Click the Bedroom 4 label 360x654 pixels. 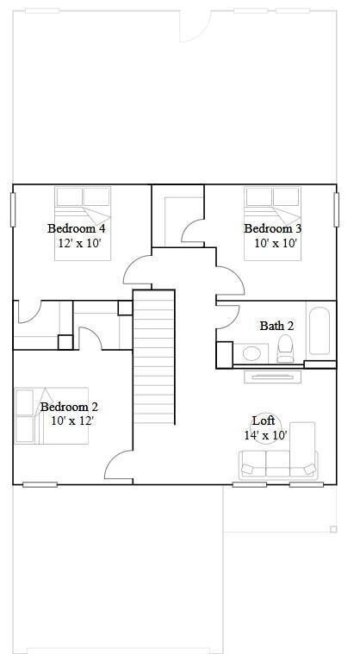[x=77, y=228]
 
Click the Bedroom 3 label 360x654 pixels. [x=272, y=228]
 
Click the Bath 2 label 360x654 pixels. [x=276, y=326]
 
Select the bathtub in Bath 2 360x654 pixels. [x=319, y=331]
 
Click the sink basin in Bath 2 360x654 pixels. [x=252, y=352]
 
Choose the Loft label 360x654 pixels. [x=264, y=420]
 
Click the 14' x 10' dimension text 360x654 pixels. [x=265, y=435]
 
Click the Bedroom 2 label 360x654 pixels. [x=69, y=407]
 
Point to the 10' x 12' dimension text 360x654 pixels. [x=71, y=421]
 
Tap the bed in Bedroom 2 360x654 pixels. [x=52, y=417]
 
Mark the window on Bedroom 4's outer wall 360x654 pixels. [x=13, y=209]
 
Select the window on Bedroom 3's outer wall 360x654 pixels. [x=337, y=209]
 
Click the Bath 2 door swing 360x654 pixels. [x=226, y=313]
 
